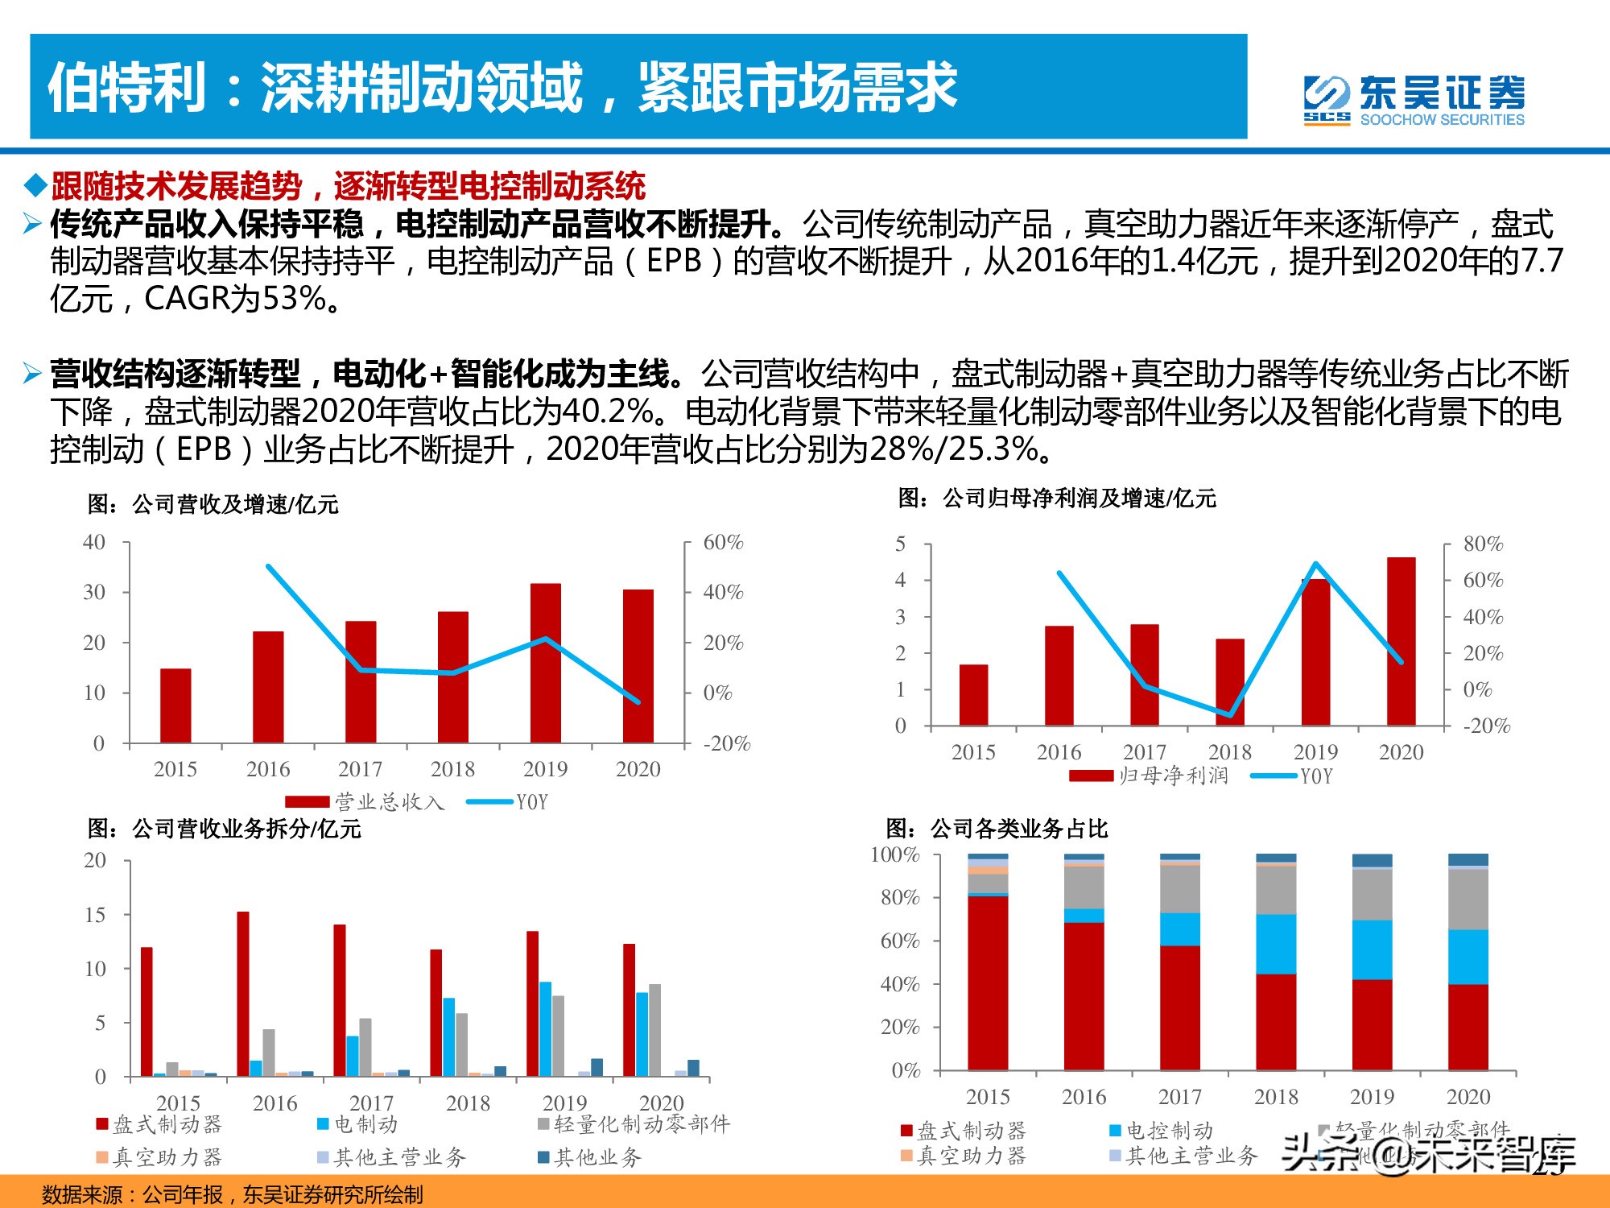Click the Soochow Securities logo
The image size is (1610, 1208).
[x=1414, y=101]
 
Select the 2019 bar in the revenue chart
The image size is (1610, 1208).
[x=546, y=662]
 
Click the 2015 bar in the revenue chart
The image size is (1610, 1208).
[x=175, y=705]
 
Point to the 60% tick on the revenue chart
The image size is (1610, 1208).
[x=722, y=543]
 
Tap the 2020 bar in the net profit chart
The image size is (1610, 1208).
[x=1401, y=641]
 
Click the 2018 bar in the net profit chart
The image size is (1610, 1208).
[x=1229, y=681]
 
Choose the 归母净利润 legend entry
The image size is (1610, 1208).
[x=1149, y=776]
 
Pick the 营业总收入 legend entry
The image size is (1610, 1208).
[x=365, y=801]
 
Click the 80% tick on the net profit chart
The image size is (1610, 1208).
[x=1483, y=544]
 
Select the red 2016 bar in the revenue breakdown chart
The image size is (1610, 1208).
[x=243, y=994]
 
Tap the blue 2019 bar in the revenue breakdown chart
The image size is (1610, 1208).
[x=546, y=1028]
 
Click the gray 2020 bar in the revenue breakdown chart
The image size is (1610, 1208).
[x=654, y=1030]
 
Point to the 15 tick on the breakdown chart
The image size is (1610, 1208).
[x=95, y=915]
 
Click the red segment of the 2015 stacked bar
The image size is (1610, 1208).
[x=988, y=983]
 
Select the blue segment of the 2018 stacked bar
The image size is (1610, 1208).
[x=1276, y=944]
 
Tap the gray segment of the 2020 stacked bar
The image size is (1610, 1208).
[x=1468, y=900]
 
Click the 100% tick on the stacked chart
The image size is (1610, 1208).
[x=894, y=854]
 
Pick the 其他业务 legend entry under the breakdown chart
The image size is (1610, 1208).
[x=589, y=1157]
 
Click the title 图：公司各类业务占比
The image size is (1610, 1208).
[x=997, y=829]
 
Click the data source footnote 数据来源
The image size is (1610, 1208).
[x=232, y=1194]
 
